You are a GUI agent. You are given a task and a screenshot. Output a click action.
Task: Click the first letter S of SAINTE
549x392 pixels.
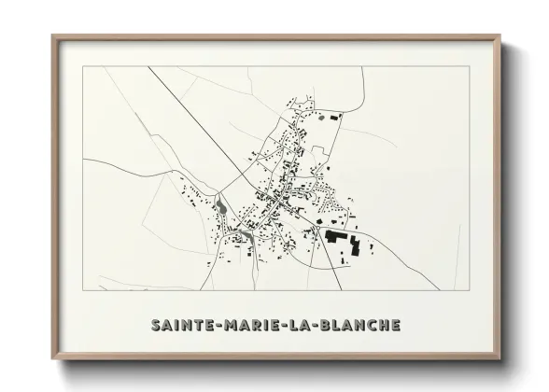click(154, 325)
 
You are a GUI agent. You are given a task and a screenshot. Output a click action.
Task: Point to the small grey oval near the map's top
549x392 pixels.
click(323, 118)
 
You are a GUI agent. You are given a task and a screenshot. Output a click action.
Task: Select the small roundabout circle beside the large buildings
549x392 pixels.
click(314, 225)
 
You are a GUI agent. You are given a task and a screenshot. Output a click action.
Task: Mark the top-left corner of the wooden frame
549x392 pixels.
click(53, 36)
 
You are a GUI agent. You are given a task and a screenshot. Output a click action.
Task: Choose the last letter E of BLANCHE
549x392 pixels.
click(396, 325)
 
